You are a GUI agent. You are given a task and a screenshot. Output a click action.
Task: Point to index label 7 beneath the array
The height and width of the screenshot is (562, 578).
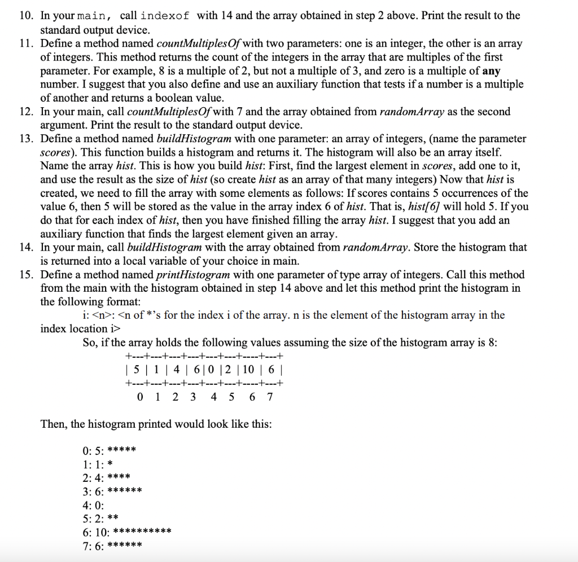coord(270,397)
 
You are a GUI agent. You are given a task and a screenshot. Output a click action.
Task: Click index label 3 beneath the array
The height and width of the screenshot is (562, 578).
coord(194,397)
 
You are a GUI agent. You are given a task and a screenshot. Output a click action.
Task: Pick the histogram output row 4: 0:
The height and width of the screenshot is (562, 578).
coord(93,504)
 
